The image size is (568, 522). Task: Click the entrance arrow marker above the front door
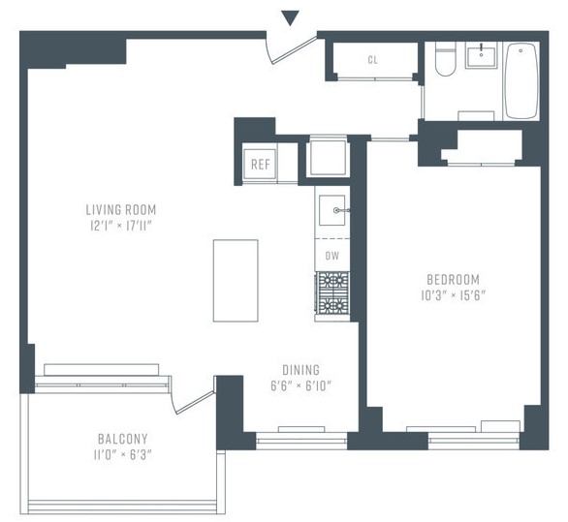tap(290, 18)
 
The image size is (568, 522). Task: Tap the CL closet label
tap(373, 60)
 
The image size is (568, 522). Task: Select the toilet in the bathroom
tap(445, 59)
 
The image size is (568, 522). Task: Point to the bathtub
tap(521, 80)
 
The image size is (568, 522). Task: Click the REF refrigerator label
tap(261, 165)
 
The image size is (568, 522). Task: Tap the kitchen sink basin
tap(332, 210)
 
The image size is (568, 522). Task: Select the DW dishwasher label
tap(332, 256)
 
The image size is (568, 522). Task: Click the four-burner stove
tap(332, 292)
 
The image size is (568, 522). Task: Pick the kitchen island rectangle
tap(236, 281)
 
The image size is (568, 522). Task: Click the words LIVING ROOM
tap(121, 210)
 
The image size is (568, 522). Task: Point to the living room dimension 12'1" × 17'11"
tap(121, 227)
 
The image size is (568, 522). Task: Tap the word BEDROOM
tap(454, 280)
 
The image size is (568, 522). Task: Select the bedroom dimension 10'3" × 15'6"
tap(454, 295)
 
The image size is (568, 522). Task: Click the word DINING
tap(301, 370)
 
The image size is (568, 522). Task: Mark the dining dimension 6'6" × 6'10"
tap(301, 385)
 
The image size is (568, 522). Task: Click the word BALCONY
tap(123, 439)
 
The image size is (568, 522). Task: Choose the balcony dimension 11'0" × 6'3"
tap(122, 455)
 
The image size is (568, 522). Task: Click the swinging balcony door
tap(195, 402)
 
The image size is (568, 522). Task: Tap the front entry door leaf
tap(295, 50)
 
